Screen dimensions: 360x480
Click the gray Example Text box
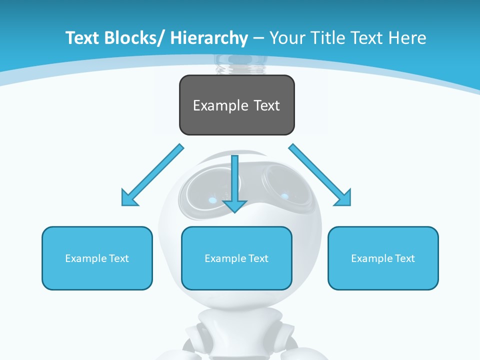tap(236, 105)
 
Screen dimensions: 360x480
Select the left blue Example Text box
tap(97, 258)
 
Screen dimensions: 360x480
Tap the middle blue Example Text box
tap(236, 258)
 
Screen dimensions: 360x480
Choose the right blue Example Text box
tap(383, 258)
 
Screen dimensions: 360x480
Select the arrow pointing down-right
tap(320, 175)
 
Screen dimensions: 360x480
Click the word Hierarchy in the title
tap(209, 38)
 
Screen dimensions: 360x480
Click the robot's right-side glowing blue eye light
tap(285, 196)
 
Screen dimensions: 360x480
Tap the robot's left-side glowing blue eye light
tap(213, 200)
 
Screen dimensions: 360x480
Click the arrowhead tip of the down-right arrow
tap(350, 205)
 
